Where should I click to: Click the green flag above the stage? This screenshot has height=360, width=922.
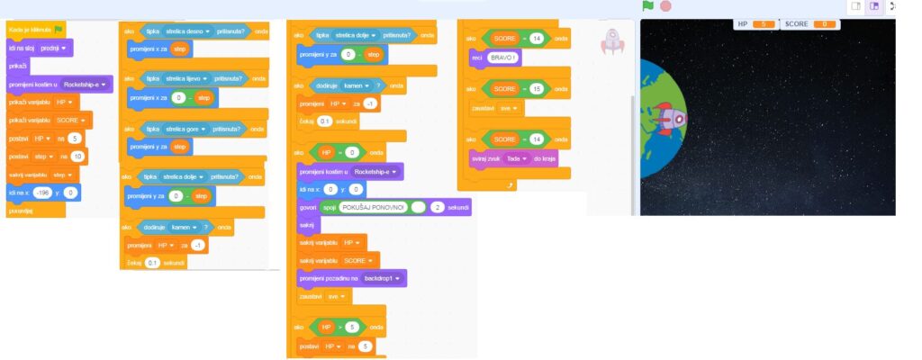pos(647,6)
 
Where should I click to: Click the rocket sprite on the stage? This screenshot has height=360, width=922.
pos(668,118)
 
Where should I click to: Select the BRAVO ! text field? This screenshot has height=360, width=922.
pos(503,58)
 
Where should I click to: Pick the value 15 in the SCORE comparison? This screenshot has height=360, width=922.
pos(537,89)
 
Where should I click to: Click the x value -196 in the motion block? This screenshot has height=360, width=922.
pos(41,193)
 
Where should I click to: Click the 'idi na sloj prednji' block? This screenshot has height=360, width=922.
pos(39,47)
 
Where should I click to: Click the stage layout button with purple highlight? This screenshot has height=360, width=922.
pos(873,6)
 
